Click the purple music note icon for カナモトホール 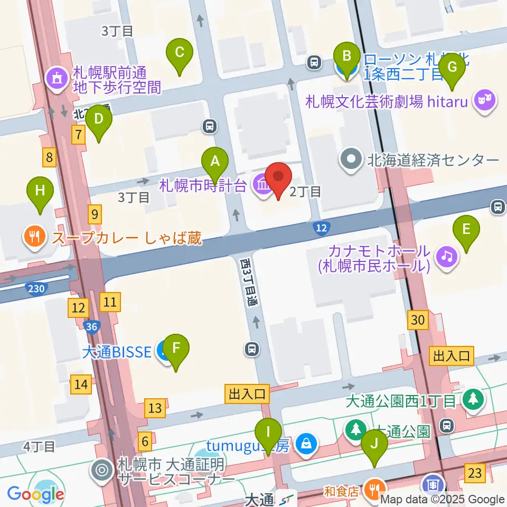[x=447, y=257]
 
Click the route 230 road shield [x=35, y=288]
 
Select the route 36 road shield [x=91, y=327]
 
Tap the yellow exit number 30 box [x=417, y=320]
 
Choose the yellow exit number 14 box [x=81, y=384]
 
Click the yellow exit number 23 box [x=475, y=473]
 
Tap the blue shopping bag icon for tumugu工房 [x=305, y=445]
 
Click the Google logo [x=36, y=494]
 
